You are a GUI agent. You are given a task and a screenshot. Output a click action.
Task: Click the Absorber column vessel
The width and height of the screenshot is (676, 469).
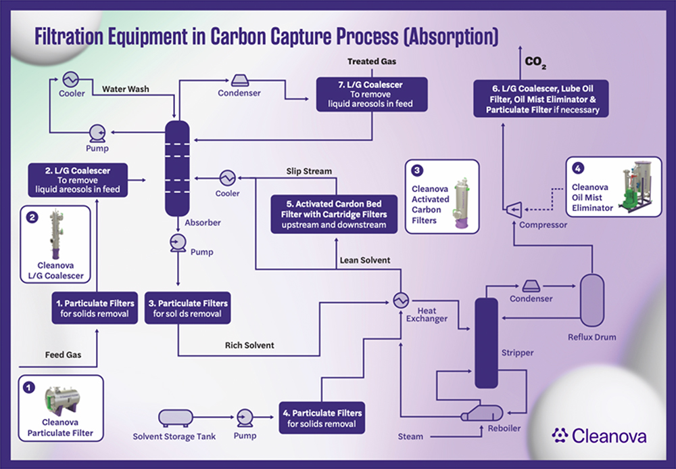tap(177, 169)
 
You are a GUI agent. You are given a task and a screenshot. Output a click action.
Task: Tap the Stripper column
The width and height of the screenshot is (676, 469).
tap(486, 343)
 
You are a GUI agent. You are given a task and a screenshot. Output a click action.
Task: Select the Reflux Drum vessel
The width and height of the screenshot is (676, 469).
tap(592, 300)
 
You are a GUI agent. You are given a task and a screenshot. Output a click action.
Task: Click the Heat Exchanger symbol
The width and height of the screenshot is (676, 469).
tap(401, 300)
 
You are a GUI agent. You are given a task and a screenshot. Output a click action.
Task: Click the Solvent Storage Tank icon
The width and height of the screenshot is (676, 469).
tap(176, 418)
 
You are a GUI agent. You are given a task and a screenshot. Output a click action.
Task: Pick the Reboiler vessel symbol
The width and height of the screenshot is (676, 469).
tap(482, 414)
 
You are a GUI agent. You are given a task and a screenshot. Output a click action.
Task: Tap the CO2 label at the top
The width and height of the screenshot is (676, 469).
tap(535, 62)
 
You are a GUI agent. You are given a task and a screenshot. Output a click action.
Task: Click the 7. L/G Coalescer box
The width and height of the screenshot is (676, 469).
tap(372, 95)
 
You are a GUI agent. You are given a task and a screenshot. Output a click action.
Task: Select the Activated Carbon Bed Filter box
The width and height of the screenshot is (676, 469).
tap(334, 215)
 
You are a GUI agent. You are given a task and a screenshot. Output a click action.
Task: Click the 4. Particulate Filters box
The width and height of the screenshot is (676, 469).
tap(322, 418)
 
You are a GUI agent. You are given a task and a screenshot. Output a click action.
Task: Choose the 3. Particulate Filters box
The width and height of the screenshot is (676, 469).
tap(187, 308)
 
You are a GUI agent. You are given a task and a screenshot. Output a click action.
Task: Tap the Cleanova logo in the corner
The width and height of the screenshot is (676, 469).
tap(599, 436)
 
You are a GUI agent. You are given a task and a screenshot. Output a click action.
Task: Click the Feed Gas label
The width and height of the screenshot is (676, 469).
tap(63, 355)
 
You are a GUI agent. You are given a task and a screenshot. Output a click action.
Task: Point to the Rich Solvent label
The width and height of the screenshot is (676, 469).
tap(249, 345)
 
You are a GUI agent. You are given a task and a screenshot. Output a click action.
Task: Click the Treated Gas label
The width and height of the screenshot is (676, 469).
tap(372, 62)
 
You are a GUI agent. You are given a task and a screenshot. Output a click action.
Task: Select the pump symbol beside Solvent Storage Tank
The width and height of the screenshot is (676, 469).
tap(245, 418)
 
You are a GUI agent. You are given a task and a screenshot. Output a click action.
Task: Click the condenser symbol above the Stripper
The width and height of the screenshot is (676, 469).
tap(531, 286)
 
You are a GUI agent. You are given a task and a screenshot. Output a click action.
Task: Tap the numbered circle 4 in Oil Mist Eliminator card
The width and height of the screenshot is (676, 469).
tap(578, 168)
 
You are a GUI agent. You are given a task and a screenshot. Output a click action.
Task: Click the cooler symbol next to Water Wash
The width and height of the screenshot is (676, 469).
tap(70, 79)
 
